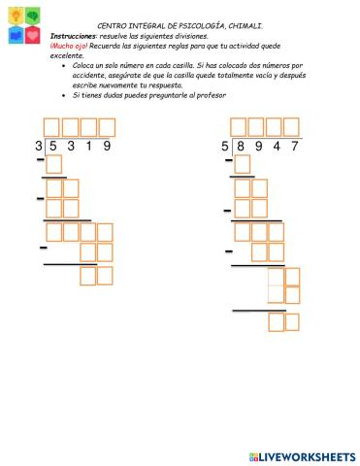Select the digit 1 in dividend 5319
click(x=86, y=147)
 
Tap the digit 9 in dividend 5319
click(x=107, y=147)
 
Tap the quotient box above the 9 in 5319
click(x=107, y=127)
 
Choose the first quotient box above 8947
click(x=240, y=127)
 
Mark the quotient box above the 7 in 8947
click(x=292, y=127)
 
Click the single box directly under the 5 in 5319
click(x=53, y=165)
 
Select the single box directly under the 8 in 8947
click(x=242, y=165)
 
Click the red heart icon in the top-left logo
click(x=33, y=36)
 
